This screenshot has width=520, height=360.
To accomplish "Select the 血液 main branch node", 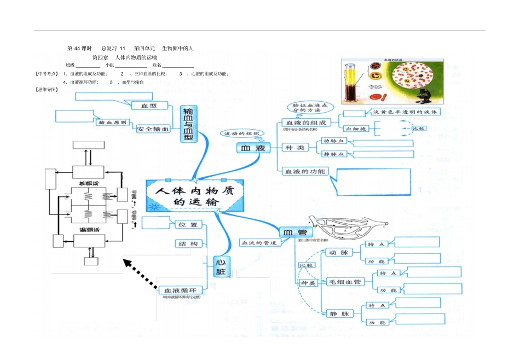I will [253, 148].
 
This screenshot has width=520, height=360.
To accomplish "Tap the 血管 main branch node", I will [293, 233].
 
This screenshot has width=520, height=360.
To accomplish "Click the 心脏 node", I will [221, 266].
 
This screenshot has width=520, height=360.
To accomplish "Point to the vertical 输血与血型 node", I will [189, 124].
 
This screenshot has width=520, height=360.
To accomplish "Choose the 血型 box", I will [149, 105].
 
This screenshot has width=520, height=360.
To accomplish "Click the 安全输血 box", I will [153, 129].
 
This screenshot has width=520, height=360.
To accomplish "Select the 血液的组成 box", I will [306, 123].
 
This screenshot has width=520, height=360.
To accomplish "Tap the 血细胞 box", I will [356, 129].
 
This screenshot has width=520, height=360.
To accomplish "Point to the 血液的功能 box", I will [305, 171].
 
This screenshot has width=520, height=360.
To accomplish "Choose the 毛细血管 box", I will [344, 282].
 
